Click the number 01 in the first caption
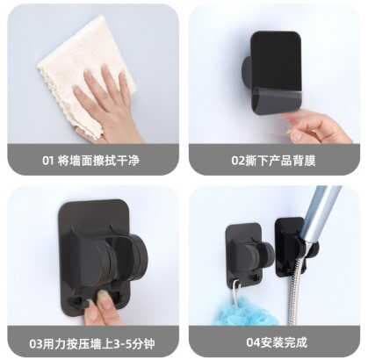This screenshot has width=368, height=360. (x=48, y=161)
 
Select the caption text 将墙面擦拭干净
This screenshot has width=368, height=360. (x=98, y=161)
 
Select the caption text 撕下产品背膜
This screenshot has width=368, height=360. (x=280, y=161)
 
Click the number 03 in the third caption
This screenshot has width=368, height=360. (x=36, y=343)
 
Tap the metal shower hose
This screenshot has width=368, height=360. (x=293, y=292)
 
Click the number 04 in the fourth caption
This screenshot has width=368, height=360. (x=253, y=342)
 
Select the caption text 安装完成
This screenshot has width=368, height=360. (x=284, y=342)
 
